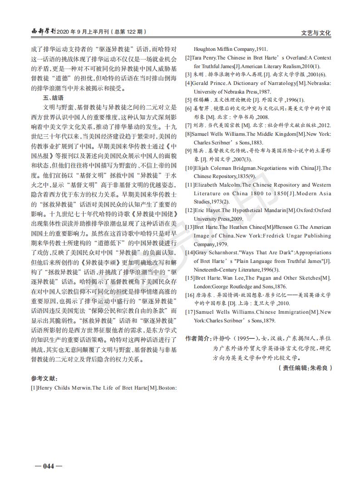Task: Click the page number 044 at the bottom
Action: (x=45, y=466)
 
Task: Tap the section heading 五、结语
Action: (x=53, y=98)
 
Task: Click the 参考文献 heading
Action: (x=44, y=379)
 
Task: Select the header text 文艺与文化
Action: (x=316, y=33)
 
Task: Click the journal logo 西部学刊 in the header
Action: (x=43, y=32)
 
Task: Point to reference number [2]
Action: (x=188, y=58)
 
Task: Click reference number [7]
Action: (x=188, y=125)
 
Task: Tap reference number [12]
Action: (x=189, y=210)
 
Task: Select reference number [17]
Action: (x=189, y=312)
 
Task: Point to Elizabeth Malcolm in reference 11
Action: (x=218, y=185)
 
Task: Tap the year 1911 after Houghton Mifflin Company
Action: (x=261, y=49)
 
